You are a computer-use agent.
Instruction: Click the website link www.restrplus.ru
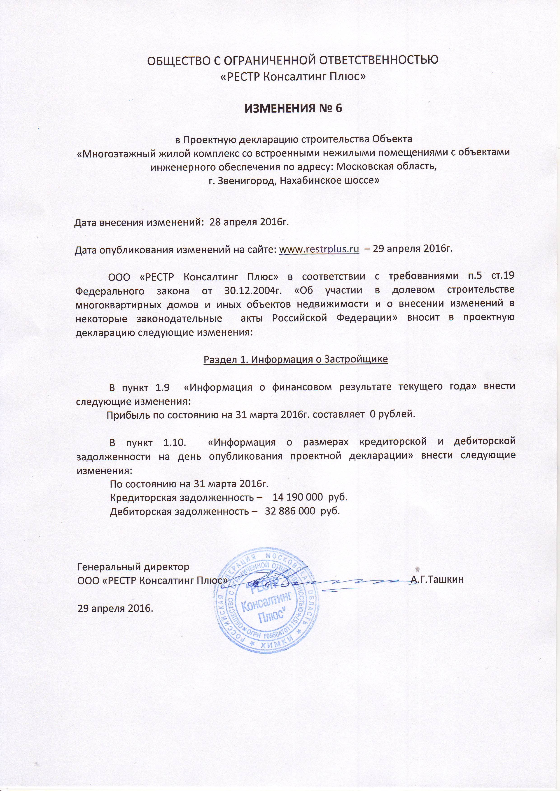pos(319,249)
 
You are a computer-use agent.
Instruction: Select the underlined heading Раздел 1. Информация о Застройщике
pos(296,359)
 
